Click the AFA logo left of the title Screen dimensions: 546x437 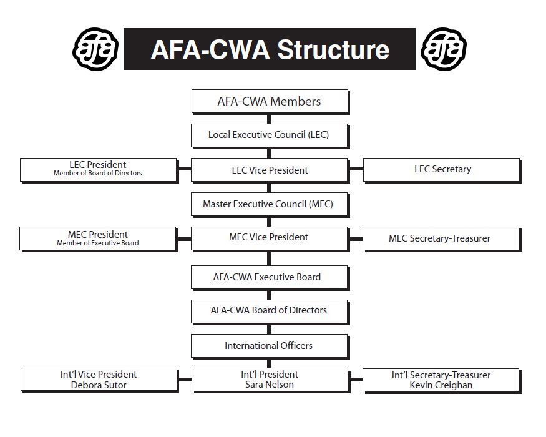[x=95, y=49]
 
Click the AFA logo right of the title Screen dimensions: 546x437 [x=443, y=49]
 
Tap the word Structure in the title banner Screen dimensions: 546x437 [x=333, y=49]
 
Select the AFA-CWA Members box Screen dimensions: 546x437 [x=270, y=102]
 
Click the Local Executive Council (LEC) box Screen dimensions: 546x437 [x=270, y=135]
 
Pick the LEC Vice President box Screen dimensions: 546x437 [x=270, y=170]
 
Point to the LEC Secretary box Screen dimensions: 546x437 [x=442, y=170]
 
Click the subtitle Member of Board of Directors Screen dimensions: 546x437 [x=98, y=173]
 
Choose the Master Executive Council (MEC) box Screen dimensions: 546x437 [x=270, y=205]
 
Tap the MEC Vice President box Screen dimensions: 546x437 [x=270, y=239]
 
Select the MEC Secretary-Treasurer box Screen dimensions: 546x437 [x=442, y=239]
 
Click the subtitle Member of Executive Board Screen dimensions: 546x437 [x=98, y=243]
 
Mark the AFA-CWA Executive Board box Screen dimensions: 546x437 [x=270, y=278]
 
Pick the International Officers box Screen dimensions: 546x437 [x=270, y=346]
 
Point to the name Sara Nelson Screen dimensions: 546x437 [x=270, y=385]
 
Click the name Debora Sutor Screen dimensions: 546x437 [x=99, y=385]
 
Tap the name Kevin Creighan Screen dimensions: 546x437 [x=441, y=385]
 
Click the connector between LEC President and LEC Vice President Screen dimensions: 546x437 [x=185, y=169]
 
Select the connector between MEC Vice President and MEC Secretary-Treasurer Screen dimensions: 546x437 [x=356, y=239]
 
